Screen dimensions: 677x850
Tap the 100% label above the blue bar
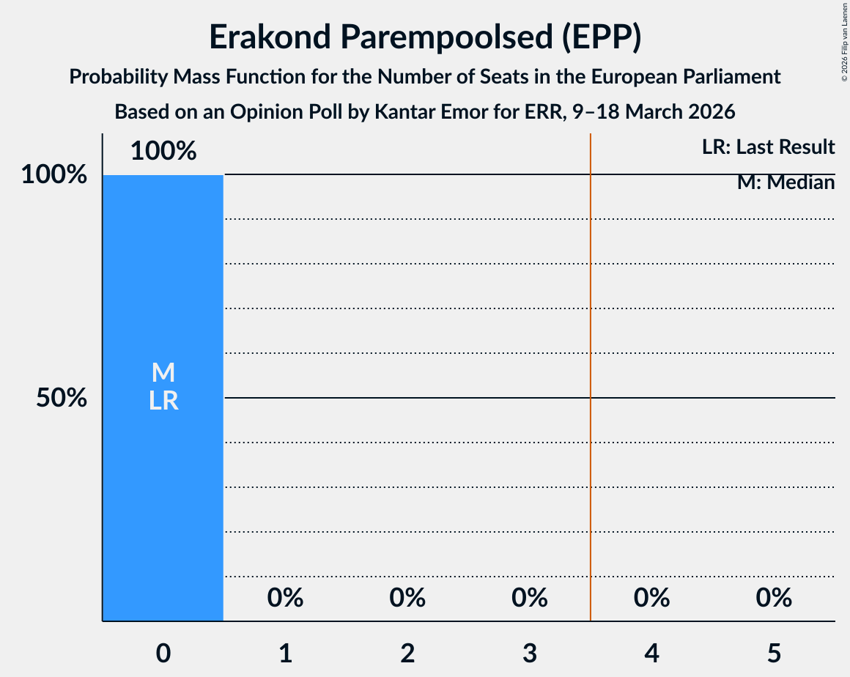[x=163, y=151]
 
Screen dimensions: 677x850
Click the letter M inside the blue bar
[x=163, y=373]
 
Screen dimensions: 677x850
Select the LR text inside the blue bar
[x=163, y=401]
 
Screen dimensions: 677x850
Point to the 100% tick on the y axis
[x=54, y=175]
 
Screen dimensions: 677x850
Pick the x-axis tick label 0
[x=163, y=653]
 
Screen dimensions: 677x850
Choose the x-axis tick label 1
[x=285, y=653]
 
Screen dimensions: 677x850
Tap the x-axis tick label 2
[x=407, y=653]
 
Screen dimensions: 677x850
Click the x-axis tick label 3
[x=530, y=653]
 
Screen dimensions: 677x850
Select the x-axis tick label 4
[x=651, y=653]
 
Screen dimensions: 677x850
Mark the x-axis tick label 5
[x=774, y=653]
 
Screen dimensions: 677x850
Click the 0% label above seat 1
[x=285, y=599]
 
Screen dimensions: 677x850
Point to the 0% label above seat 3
[x=530, y=599]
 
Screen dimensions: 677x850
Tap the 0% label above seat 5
[x=774, y=599]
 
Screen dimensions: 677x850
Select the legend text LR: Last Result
[x=768, y=147]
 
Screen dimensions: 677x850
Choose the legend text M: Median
[x=786, y=182]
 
